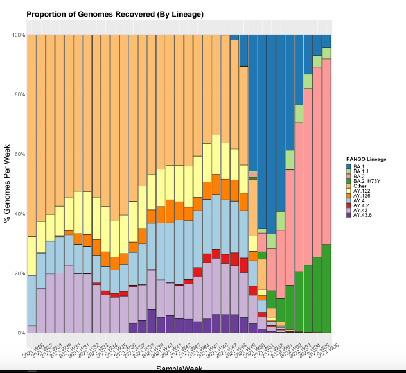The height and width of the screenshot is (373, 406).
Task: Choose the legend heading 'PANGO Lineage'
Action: (x=366, y=159)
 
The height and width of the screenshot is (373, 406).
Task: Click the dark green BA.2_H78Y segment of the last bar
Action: (x=326, y=289)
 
